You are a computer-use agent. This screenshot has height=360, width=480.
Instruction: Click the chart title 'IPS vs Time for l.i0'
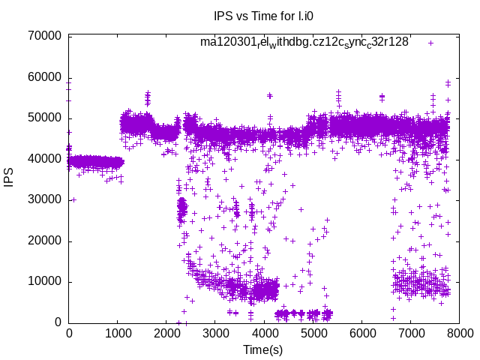[x=259, y=16]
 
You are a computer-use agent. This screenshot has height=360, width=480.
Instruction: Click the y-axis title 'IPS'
[x=10, y=179]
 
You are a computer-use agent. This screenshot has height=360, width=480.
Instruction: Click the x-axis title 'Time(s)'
[x=263, y=349]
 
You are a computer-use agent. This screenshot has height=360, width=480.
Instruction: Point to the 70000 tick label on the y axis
[x=43, y=36]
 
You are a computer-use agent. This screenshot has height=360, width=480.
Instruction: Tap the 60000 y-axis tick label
[x=43, y=77]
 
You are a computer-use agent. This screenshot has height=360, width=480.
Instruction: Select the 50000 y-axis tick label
[x=43, y=118]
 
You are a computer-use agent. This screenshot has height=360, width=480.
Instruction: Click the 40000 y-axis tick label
[x=43, y=159]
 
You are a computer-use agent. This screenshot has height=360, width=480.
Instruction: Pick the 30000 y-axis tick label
[x=43, y=200]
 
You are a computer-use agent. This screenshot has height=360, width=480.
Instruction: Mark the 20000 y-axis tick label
[x=43, y=241]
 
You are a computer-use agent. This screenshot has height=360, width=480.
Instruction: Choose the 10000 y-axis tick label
[x=43, y=282]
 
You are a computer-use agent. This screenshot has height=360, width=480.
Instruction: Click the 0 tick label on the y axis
[x=58, y=322]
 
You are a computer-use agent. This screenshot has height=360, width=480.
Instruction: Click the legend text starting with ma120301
[x=304, y=43]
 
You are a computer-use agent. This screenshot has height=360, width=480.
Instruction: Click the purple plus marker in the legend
[x=431, y=43]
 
